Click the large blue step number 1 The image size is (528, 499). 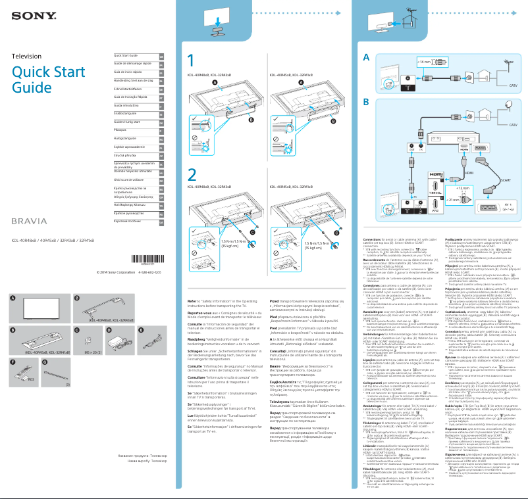191,61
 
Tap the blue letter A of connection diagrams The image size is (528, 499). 367,58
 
